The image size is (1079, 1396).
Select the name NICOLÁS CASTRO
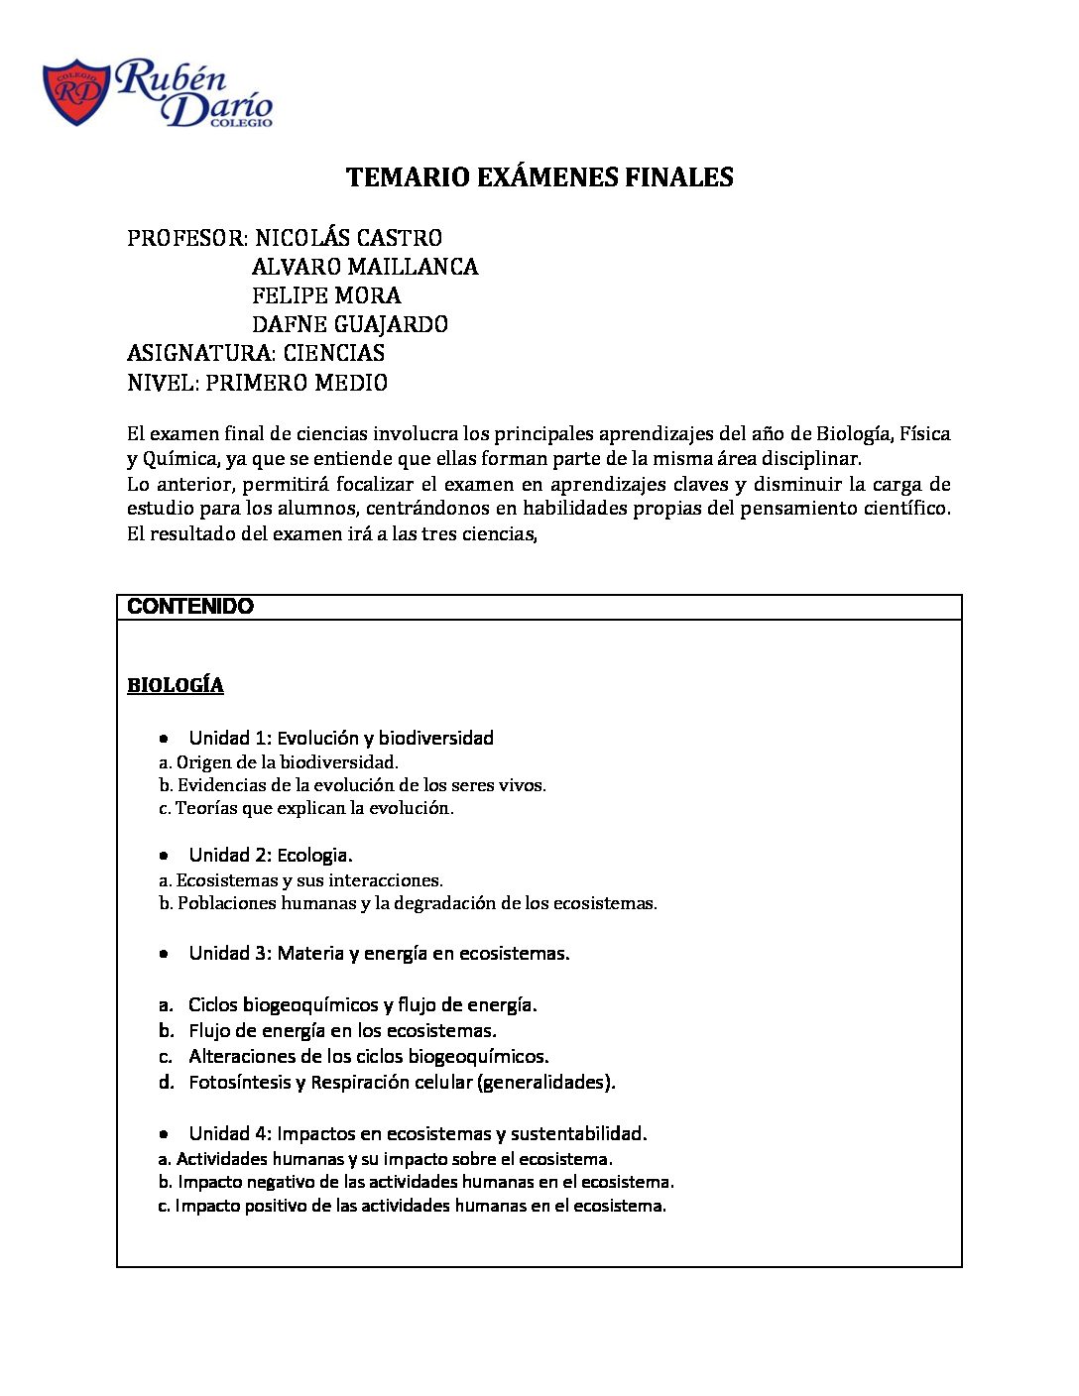click(348, 238)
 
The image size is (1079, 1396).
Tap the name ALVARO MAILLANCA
click(365, 267)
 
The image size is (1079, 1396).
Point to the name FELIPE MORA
click(326, 295)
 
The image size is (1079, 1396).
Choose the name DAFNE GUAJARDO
click(350, 324)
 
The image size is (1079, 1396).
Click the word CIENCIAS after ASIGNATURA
click(334, 353)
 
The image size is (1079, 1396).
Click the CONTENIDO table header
click(190, 607)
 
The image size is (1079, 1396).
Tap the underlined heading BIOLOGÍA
click(176, 685)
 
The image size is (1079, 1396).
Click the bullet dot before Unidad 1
click(165, 739)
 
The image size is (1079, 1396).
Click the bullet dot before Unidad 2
click(165, 856)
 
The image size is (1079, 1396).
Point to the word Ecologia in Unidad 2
click(313, 856)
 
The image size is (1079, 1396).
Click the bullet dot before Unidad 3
click(165, 954)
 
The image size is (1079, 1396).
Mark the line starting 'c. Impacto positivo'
click(412, 1206)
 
